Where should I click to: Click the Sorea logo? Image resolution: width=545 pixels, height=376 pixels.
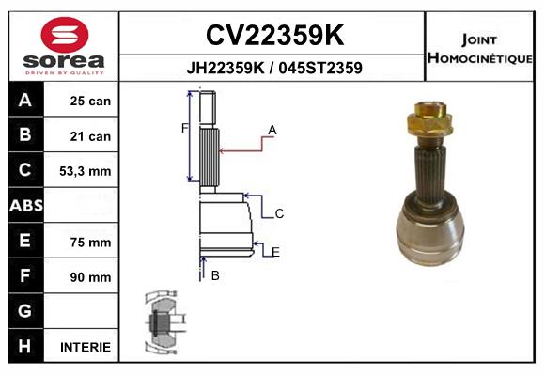64,48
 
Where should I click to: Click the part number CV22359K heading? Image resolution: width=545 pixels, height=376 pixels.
273,36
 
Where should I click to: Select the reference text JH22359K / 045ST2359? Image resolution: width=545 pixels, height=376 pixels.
273,69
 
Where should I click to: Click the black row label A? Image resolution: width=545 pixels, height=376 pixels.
25,101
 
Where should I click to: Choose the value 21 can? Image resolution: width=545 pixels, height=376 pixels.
90,136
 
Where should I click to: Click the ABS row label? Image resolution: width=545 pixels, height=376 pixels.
25,206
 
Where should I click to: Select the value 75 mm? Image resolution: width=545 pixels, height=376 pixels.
90,242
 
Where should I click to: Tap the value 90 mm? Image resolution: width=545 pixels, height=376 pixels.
90,277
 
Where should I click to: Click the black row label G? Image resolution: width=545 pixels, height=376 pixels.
25,311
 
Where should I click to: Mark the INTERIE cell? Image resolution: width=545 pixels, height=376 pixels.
86,347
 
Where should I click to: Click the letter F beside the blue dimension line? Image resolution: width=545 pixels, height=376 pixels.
184,128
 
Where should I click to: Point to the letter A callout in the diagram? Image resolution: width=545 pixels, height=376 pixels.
272,129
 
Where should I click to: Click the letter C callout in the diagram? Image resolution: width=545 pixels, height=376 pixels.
279,214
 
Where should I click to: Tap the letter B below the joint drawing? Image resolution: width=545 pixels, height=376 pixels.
215,275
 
